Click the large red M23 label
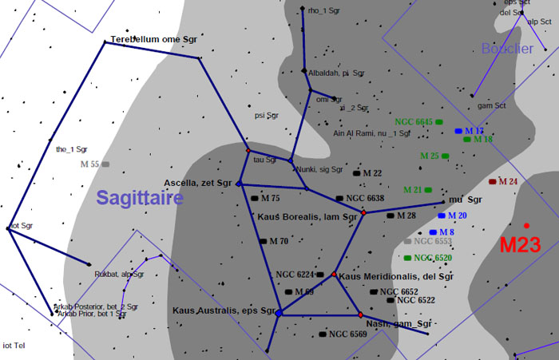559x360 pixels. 520,245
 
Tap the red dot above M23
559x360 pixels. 526,225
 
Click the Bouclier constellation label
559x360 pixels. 507,49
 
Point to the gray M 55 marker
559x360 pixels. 105,164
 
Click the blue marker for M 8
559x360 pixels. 433,232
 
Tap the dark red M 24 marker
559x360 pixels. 493,181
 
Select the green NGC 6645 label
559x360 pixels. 413,122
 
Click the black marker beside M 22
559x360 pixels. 357,173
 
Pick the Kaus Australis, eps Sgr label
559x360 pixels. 224,310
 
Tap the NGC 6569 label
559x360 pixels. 348,334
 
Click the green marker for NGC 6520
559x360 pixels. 408,258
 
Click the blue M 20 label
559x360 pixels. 458,216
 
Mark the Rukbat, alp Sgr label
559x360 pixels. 119,275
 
